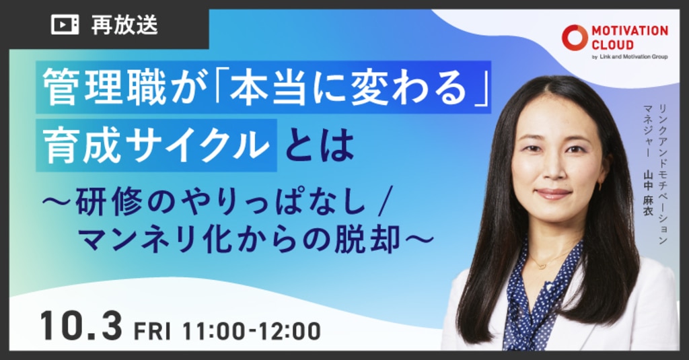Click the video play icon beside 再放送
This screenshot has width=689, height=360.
pyautogui.click(x=65, y=25)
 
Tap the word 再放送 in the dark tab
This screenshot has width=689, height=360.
pyautogui.click(x=124, y=25)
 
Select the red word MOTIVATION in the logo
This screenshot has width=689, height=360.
pyautogui.click(x=629, y=31)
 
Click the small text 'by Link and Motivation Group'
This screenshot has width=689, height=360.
pyautogui.click(x=630, y=57)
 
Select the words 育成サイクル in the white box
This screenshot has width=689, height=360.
pyautogui.click(x=157, y=145)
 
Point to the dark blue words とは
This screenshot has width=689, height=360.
pyautogui.click(x=320, y=145)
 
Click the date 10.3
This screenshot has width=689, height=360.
pyautogui.click(x=81, y=326)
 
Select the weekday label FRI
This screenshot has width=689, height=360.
pyautogui.click(x=152, y=331)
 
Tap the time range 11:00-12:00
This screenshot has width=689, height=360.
pyautogui.click(x=252, y=331)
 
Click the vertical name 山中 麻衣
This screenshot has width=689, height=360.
pyautogui.click(x=649, y=192)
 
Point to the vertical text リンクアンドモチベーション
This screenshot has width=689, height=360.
pyautogui.click(x=662, y=174)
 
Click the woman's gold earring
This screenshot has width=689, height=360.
pyautogui.click(x=600, y=185)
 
